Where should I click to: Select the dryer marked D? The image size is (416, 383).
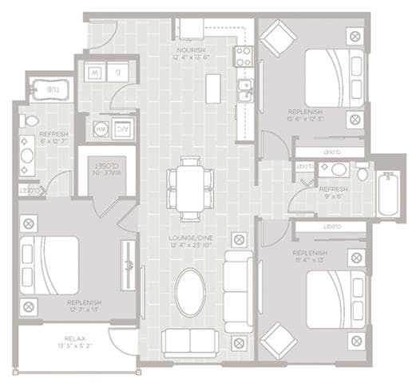118,71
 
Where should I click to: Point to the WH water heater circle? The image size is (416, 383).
101,127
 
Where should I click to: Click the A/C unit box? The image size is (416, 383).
125,127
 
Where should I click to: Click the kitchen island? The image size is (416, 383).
212,88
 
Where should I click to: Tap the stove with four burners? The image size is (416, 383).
242,56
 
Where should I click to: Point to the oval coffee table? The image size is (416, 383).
190,292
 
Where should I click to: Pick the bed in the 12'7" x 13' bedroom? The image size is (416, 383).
51,266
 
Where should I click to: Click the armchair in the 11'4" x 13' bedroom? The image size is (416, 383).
276,338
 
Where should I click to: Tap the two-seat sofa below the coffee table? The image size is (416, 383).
190,342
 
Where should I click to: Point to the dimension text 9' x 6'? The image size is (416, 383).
334,196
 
